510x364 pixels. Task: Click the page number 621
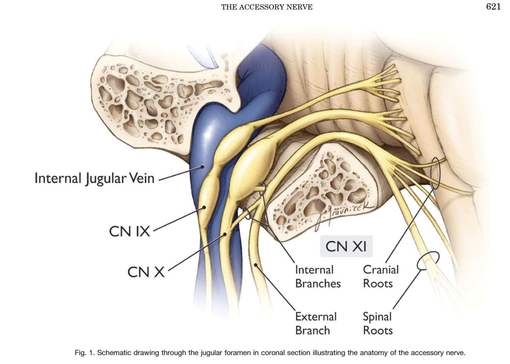tap(493, 7)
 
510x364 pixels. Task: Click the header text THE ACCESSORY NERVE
tap(267, 7)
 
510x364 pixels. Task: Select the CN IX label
tap(130, 232)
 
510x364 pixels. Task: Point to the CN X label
tap(146, 272)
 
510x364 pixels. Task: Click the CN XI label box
tap(346, 247)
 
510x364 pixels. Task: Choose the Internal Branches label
tap(318, 277)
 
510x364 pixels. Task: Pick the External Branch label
tap(316, 323)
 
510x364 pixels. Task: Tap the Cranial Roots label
tap(381, 277)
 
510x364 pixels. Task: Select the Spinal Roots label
tap(378, 323)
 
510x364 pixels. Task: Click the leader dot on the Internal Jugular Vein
tap(203, 167)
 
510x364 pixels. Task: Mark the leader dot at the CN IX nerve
tap(204, 207)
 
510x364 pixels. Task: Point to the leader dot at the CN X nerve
tap(225, 234)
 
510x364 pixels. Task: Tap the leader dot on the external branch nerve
tap(255, 265)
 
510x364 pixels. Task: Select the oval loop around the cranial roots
tap(435, 173)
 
